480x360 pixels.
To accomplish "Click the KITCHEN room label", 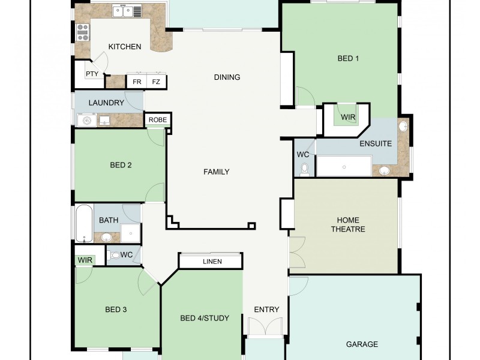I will tap(125, 47).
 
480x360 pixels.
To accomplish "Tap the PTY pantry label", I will tap(92, 74).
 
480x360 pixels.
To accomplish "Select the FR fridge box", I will tap(137, 82).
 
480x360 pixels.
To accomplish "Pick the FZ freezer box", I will tap(156, 82).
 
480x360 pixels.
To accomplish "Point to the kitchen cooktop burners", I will tap(82, 32).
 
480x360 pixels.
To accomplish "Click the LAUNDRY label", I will tap(106, 103).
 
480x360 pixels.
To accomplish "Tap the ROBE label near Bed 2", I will tap(158, 120).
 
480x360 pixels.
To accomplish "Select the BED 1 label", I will tap(348, 58).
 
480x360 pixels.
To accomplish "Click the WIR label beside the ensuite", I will tap(349, 117).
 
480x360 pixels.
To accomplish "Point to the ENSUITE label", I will tap(376, 143).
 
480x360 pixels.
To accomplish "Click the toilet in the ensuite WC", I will tap(304, 169).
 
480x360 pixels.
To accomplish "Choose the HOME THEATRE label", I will tap(348, 224).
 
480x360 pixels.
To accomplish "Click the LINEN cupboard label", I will tap(212, 262).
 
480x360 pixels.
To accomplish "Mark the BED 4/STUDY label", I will tap(205, 318).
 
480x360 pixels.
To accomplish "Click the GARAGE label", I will tap(362, 344).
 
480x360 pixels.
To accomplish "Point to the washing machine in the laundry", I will tap(86, 121).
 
